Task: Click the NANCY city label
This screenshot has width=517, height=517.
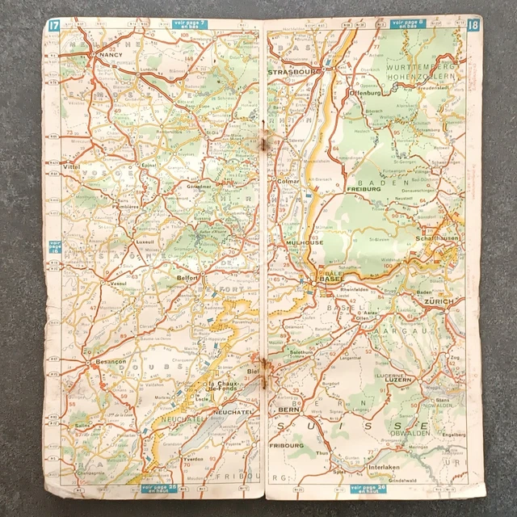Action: click(x=107, y=55)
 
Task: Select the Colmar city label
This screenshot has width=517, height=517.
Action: click(x=288, y=182)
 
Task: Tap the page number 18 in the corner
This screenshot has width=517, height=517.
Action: click(x=472, y=27)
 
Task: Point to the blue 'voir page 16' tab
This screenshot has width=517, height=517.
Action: click(x=55, y=246)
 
